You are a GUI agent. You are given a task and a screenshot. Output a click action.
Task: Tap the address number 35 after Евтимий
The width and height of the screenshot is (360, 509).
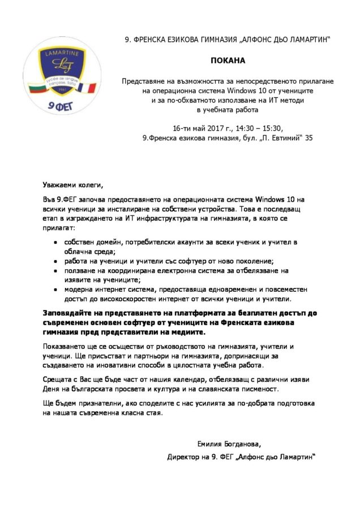(308, 137)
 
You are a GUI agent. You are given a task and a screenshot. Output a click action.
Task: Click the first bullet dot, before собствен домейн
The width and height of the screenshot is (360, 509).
(55, 242)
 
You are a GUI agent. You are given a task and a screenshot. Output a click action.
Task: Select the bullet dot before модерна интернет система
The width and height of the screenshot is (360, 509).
(55, 289)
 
